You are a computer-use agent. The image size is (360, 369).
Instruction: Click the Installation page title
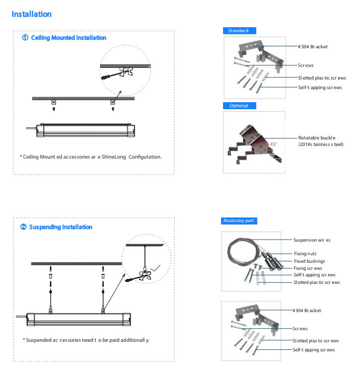pyautogui.click(x=31, y=14)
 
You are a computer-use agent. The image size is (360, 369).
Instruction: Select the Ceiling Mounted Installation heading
pyautogui.click(x=64, y=38)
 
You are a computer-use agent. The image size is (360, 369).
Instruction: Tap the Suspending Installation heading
pyautogui.click(x=56, y=227)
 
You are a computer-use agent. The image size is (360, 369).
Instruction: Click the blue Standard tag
pyautogui.click(x=239, y=31)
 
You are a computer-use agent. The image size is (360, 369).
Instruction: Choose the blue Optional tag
pyautogui.click(x=239, y=106)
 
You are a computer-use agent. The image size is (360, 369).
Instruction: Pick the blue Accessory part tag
pyautogui.click(x=241, y=221)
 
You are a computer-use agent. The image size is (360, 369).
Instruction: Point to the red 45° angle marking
pyautogui.click(x=273, y=143)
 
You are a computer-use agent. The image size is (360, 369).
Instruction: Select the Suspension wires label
pyautogui.click(x=312, y=240)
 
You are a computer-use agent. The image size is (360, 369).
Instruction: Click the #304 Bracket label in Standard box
pyautogui.click(x=313, y=46)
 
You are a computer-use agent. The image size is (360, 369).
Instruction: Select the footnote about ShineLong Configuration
pyautogui.click(x=91, y=157)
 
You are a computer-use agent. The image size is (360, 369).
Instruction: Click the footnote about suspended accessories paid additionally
pyautogui.click(x=86, y=340)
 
